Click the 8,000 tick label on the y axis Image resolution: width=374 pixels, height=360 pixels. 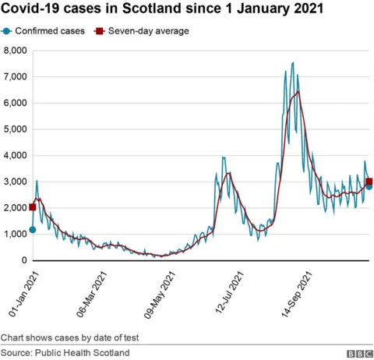(x=15, y=51)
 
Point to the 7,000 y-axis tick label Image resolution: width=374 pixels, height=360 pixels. (x=15, y=77)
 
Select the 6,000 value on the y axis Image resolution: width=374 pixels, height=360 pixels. (x=15, y=103)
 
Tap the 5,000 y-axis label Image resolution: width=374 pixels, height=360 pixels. (x=15, y=129)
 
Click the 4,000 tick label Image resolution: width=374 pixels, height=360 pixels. (x=15, y=156)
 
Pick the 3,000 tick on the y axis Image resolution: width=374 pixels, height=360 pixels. (x=15, y=182)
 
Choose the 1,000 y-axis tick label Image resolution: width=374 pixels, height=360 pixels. (x=15, y=235)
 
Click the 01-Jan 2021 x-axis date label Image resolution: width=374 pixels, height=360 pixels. (x=25, y=292)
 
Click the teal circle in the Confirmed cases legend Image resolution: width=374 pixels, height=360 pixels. (x=7, y=31)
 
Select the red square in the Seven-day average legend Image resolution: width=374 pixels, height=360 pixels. (x=99, y=31)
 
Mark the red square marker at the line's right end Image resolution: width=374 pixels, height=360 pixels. (x=369, y=182)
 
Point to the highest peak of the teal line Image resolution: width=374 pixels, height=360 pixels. (x=292, y=62)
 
